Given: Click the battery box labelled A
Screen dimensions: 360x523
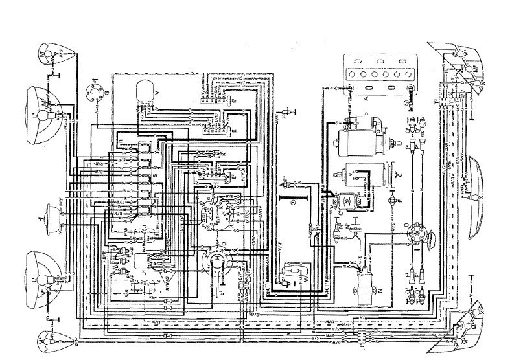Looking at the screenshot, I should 382,74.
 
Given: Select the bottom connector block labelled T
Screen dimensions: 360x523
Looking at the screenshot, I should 360,335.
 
